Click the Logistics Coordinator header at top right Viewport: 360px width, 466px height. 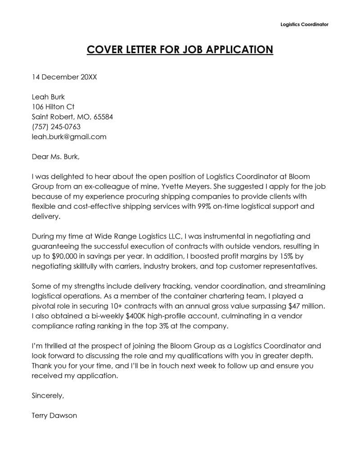point(304,24)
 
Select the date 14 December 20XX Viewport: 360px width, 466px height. point(64,77)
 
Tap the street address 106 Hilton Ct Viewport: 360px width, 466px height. point(53,107)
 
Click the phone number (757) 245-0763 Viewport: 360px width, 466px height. point(56,127)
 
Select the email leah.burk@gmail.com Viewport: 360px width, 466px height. point(69,137)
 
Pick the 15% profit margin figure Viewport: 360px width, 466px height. point(270,256)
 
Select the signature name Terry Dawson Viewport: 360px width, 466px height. point(54,416)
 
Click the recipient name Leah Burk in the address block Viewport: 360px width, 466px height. point(48,97)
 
